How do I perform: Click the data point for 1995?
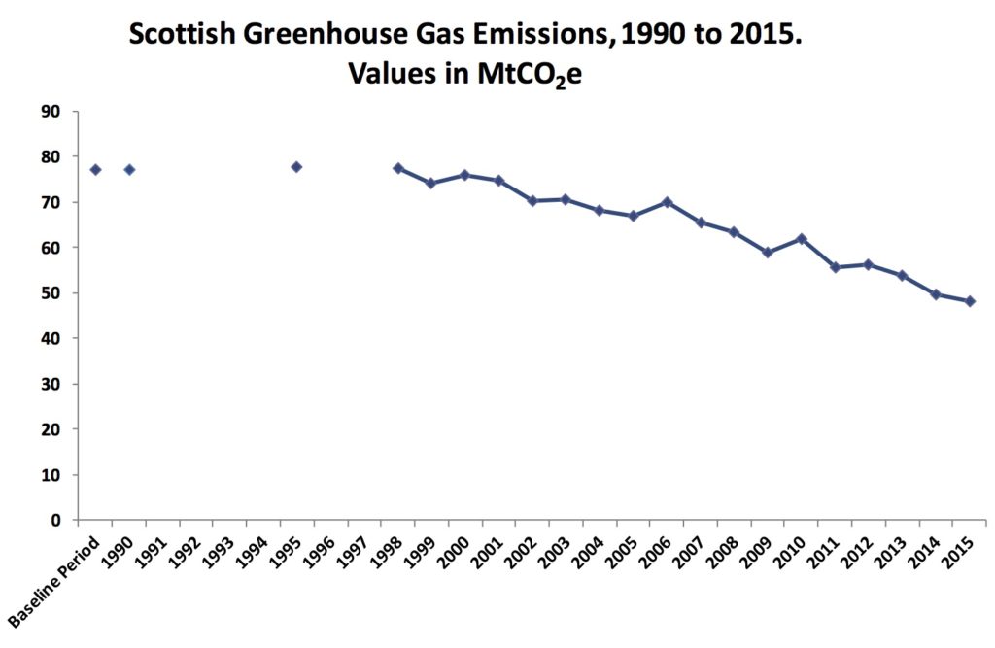point(296,167)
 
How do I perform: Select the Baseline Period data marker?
point(95,170)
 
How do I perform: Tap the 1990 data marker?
point(129,170)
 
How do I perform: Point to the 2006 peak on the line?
point(667,202)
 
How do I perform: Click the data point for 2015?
point(969,301)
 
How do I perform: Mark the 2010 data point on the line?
point(802,239)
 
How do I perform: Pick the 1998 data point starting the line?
point(397,168)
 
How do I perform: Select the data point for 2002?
point(532,201)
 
